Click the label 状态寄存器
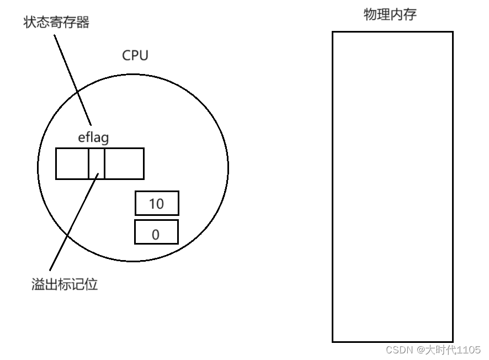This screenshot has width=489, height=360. pos(56,23)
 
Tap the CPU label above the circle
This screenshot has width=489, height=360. pos(135,56)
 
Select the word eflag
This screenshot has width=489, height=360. pos(93,137)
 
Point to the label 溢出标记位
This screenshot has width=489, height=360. pos(65,285)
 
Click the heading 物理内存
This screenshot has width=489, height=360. pos(390,15)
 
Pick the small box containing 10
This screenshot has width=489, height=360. pos(157,204)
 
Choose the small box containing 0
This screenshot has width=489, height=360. pos(156,232)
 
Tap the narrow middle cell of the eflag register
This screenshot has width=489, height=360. pos(97,163)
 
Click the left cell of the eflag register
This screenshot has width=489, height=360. pos(72,163)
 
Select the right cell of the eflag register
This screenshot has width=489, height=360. pos(124,163)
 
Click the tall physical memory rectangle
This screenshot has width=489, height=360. pos(392,187)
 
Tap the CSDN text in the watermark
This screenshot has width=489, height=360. pos(400,350)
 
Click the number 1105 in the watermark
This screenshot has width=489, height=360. pos(468,350)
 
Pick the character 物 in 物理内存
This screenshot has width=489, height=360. pos(370,15)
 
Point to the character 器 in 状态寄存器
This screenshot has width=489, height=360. pos(83,23)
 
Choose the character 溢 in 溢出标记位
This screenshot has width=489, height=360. pos(38,285)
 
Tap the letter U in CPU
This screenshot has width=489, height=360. pos(143,56)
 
